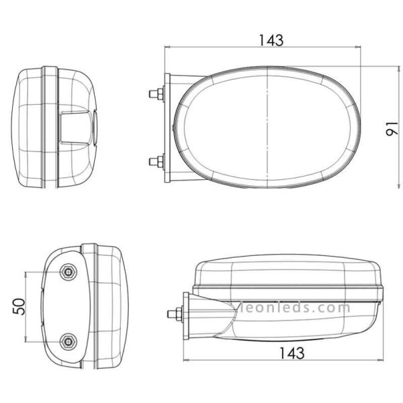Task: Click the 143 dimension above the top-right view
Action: tap(271, 40)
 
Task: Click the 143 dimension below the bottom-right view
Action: tap(292, 353)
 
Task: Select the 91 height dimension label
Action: tap(392, 129)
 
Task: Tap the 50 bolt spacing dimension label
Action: tap(19, 306)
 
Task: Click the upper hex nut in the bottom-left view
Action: tap(68, 271)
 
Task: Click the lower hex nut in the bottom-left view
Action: tap(68, 341)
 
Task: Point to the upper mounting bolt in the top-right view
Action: tap(156, 93)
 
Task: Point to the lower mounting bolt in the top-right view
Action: tap(156, 161)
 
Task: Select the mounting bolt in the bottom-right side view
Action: tap(175, 314)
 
